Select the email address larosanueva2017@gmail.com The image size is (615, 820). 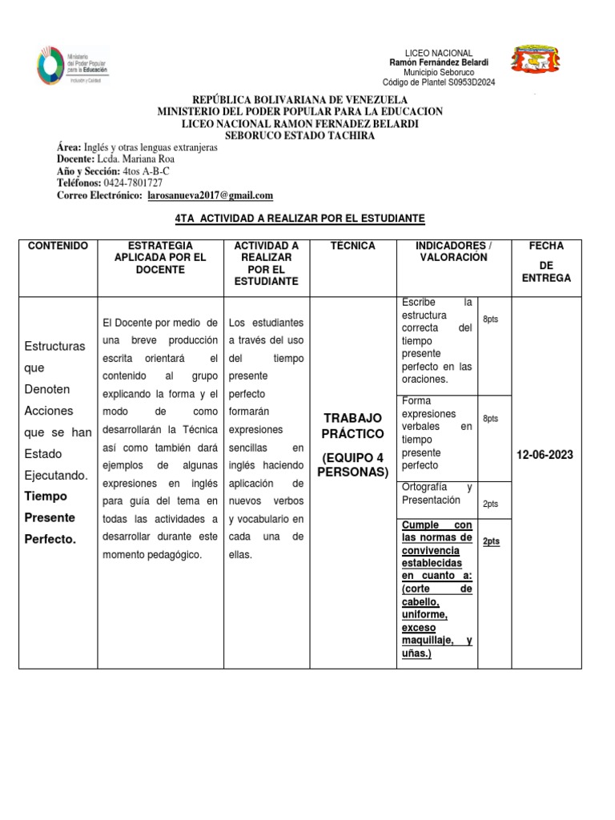coord(208,195)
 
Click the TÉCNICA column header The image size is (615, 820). coord(352,246)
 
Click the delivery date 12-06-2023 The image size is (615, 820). coord(545,455)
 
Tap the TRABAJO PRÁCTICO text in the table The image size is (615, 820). coord(352,426)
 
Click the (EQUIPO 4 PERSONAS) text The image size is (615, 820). coord(352,464)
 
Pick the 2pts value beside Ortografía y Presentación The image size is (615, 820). coord(490,504)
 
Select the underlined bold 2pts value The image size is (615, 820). coord(491,541)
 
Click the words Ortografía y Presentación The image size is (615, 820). coord(436,493)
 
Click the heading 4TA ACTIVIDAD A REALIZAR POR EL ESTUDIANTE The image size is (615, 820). coord(299,219)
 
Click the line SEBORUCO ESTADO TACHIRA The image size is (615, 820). coord(299,136)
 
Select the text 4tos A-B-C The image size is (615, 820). coord(146,171)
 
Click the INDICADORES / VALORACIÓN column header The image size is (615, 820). coord(452,251)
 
